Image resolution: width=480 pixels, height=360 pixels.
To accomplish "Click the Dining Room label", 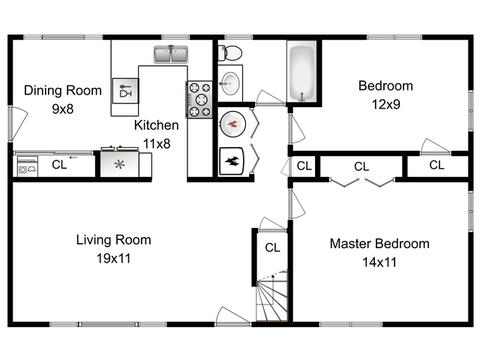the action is click(x=63, y=90).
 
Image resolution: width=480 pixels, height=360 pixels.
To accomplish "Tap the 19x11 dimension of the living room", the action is click(x=114, y=258).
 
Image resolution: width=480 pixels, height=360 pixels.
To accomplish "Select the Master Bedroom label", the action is click(x=380, y=244).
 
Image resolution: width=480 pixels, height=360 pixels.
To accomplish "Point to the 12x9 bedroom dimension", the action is click(x=386, y=104).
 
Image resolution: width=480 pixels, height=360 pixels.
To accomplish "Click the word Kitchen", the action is click(x=156, y=125).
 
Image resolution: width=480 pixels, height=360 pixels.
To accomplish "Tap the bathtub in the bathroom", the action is click(x=302, y=72).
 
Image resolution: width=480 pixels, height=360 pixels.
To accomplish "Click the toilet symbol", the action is click(x=230, y=53).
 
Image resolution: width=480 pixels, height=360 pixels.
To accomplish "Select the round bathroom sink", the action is click(x=230, y=83).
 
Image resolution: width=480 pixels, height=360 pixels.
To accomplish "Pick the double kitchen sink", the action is click(x=171, y=55).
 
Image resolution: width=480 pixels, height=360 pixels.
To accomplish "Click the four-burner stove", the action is click(x=199, y=100).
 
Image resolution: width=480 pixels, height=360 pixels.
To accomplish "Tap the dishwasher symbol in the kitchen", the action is click(x=125, y=91).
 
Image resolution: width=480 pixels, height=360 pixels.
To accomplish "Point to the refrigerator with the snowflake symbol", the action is click(x=119, y=163).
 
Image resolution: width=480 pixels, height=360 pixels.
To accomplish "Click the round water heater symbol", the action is click(x=233, y=124).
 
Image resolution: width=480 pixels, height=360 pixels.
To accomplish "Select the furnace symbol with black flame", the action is click(x=232, y=161).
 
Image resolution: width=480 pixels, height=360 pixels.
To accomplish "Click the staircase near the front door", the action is click(x=272, y=296).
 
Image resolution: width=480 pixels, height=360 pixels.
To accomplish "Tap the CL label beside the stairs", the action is click(x=272, y=248).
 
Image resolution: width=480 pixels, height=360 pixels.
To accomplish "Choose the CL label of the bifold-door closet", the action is click(x=361, y=166).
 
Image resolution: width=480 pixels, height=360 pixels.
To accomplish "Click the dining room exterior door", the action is click(x=18, y=123).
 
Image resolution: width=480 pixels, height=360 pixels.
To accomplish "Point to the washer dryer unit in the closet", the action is click(x=27, y=166).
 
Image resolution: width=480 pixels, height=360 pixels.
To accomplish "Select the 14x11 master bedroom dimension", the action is click(x=380, y=262).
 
